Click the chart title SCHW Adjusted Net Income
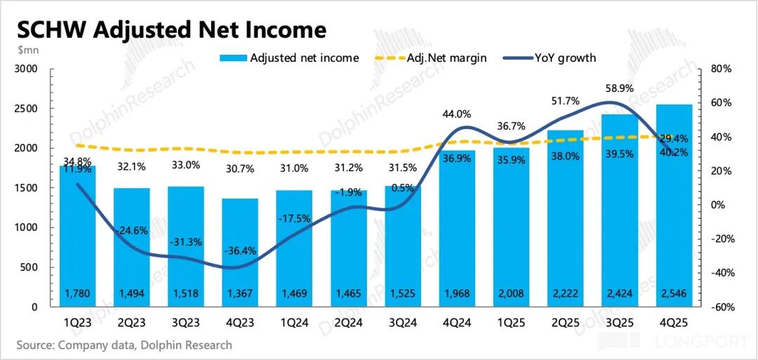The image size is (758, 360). (x=171, y=29)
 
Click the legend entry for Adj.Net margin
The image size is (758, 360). (x=446, y=58)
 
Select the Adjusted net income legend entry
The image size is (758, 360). (x=304, y=58)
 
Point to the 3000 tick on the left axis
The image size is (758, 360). (x=27, y=69)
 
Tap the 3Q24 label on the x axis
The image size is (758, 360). (x=401, y=324)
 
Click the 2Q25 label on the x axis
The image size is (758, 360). (x=565, y=324)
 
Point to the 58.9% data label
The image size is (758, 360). (x=619, y=89)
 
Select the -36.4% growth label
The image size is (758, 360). (x=240, y=251)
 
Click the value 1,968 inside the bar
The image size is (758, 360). (x=456, y=293)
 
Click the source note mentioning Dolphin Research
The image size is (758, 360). (x=124, y=345)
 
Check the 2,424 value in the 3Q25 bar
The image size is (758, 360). (x=619, y=293)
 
